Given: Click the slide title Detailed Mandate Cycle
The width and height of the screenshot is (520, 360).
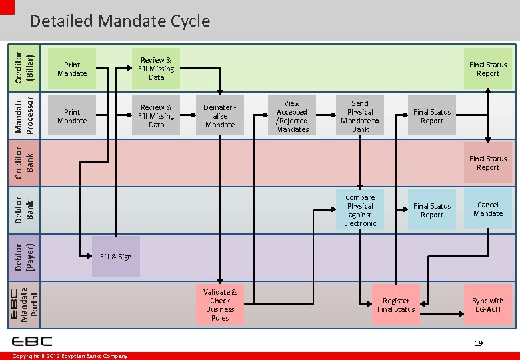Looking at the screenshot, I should (119, 21).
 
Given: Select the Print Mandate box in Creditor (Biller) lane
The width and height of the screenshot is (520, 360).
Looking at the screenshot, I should (72, 69).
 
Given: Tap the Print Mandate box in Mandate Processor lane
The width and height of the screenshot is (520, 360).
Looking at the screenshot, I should (72, 116).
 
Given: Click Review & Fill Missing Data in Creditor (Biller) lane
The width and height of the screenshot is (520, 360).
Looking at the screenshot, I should (156, 69).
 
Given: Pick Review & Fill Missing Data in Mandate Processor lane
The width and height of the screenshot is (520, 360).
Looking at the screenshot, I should (156, 116).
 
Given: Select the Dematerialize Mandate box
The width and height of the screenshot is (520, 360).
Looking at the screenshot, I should (220, 116).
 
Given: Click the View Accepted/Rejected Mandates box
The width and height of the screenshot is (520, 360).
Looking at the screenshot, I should (292, 116).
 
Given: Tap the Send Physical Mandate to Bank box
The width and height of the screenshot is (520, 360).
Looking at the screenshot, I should (360, 116).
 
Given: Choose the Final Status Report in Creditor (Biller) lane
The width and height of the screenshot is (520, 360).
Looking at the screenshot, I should (488, 69).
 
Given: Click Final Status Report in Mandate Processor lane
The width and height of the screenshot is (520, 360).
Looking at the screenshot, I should (432, 116).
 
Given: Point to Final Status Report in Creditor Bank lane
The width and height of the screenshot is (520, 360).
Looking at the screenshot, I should (488, 163).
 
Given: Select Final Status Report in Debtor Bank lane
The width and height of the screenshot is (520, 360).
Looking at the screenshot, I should (432, 210).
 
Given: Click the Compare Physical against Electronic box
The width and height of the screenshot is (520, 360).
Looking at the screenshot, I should (360, 210).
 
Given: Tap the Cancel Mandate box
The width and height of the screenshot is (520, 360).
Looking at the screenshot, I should (488, 209).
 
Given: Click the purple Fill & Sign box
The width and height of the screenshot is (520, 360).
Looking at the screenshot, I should (116, 257).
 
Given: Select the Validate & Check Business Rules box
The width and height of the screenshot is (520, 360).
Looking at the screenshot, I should (220, 305).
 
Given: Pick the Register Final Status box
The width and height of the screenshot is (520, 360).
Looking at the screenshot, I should (396, 305).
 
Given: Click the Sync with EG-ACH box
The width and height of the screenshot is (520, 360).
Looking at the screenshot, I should (488, 305).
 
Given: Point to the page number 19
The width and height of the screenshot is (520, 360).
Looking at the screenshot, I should (478, 343).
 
